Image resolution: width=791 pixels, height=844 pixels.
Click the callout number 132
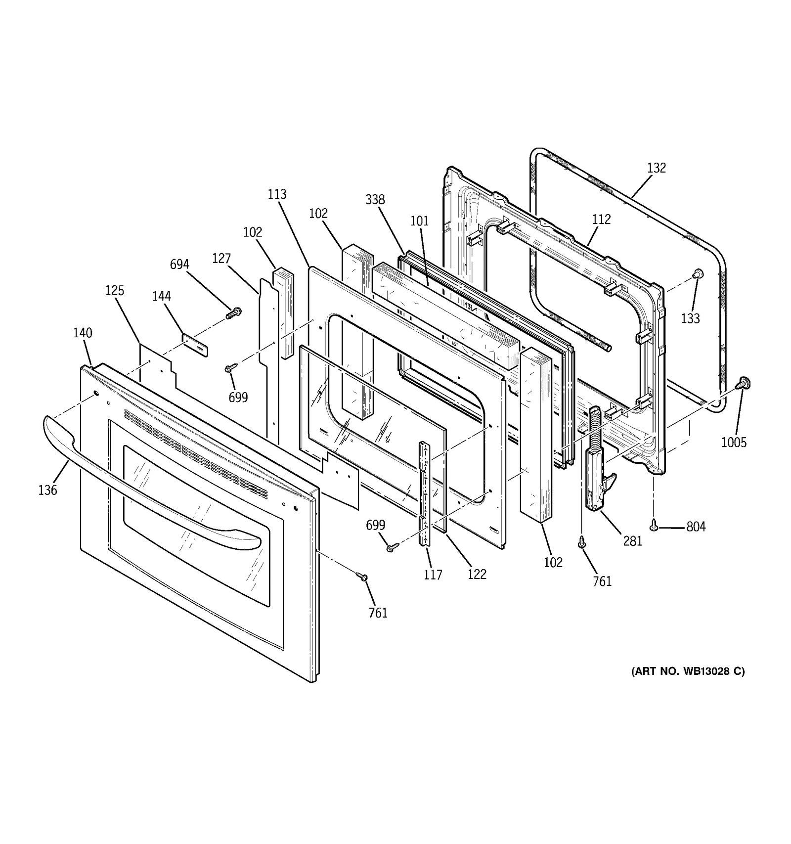click(657, 168)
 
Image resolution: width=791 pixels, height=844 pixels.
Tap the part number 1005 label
click(734, 443)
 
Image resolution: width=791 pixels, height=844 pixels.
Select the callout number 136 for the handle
click(48, 490)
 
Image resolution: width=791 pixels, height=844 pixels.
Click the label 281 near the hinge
click(632, 541)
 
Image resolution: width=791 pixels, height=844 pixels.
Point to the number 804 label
click(696, 527)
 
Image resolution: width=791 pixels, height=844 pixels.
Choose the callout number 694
click(179, 265)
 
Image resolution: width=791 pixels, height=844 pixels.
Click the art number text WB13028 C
click(688, 671)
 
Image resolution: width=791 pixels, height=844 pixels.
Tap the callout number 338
click(375, 200)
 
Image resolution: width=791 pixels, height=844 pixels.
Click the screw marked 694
click(233, 312)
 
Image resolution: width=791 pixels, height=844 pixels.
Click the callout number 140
click(83, 333)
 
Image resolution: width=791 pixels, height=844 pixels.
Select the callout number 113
click(277, 194)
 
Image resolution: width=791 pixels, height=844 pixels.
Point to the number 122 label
click(477, 574)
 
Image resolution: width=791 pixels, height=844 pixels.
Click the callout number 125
click(115, 290)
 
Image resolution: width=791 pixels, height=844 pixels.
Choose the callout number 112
click(601, 219)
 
